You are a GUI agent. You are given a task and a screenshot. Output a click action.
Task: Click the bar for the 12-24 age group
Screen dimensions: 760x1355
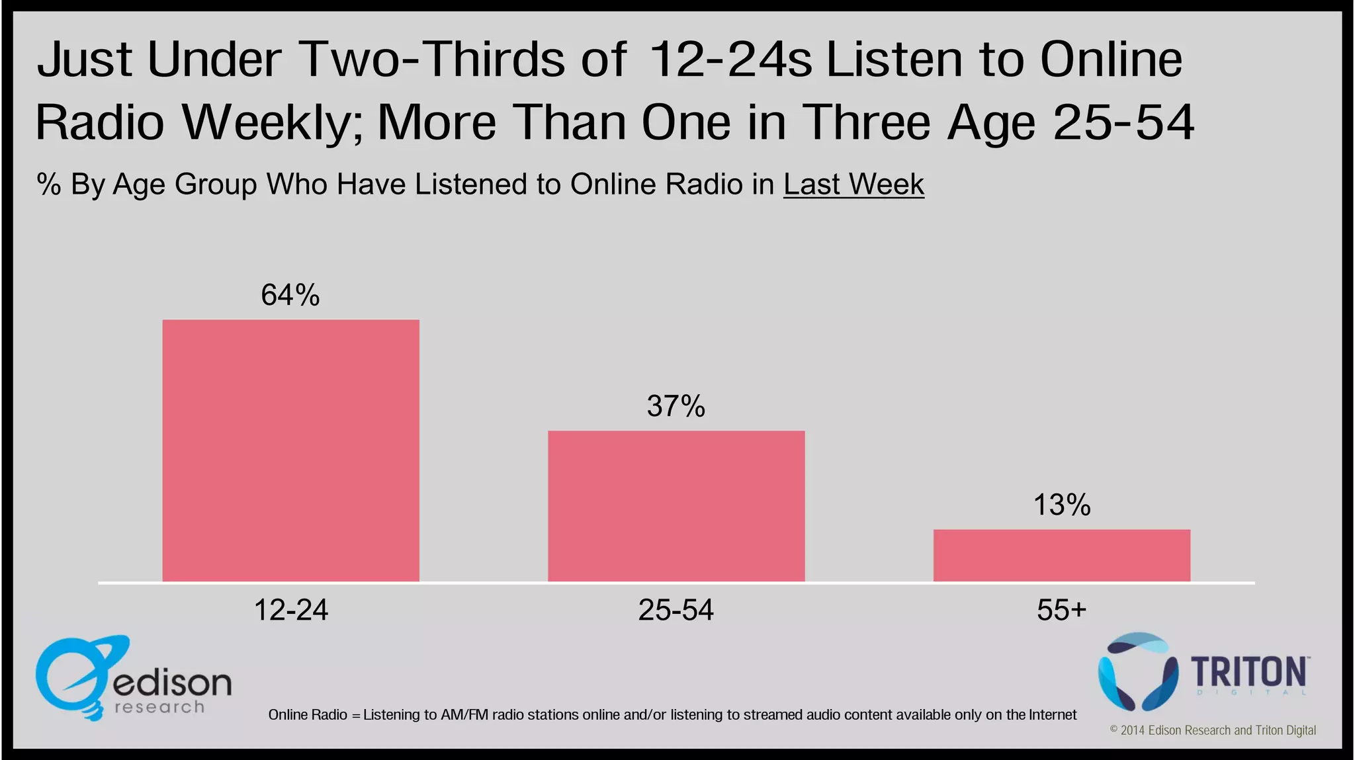tap(290, 450)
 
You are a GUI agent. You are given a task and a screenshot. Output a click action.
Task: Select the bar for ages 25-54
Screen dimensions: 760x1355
tap(676, 506)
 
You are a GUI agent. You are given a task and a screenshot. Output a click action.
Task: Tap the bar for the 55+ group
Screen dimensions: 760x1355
tap(1061, 555)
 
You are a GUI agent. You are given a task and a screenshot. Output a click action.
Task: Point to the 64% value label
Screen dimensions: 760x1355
tap(290, 295)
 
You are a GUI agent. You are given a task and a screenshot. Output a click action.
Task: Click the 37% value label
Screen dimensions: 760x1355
tap(676, 406)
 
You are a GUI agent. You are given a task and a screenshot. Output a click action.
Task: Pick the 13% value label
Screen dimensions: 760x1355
tap(1061, 505)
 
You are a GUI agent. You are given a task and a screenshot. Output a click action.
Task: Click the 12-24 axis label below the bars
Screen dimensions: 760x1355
tap(290, 610)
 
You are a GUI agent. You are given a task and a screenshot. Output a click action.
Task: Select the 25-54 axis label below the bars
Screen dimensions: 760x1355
tap(676, 610)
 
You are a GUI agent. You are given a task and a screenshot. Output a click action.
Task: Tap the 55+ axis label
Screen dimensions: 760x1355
tap(1061, 610)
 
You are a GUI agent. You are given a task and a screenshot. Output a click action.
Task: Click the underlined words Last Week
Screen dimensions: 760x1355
tap(853, 185)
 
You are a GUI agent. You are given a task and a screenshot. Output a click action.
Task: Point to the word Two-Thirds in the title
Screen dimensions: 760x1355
tap(463, 60)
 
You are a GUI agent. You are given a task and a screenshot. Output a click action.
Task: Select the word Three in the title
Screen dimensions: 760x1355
tap(867, 122)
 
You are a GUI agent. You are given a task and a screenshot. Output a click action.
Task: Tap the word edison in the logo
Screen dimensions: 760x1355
tap(172, 683)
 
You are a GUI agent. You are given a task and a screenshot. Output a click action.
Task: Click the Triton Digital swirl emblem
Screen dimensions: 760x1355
tap(1137, 671)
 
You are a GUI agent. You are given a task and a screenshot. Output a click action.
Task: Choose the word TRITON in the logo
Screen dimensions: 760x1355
tap(1248, 673)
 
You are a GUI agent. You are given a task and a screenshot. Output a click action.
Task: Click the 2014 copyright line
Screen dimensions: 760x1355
tap(1212, 730)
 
